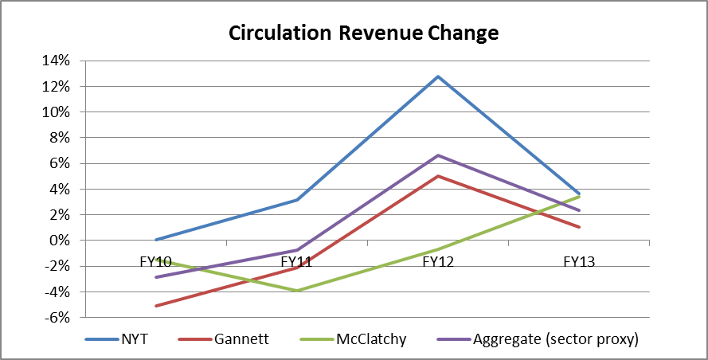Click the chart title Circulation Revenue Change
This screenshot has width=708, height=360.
click(x=363, y=33)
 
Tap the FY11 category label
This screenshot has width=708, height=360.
click(x=297, y=260)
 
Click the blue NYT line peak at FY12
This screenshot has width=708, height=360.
click(x=438, y=76)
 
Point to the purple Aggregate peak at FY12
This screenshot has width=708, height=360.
click(x=438, y=155)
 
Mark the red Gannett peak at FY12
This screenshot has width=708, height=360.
click(x=438, y=176)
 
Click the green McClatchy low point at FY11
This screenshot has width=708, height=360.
click(x=297, y=291)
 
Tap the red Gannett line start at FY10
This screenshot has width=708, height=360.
click(x=155, y=306)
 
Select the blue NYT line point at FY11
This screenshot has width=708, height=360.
click(x=297, y=200)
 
